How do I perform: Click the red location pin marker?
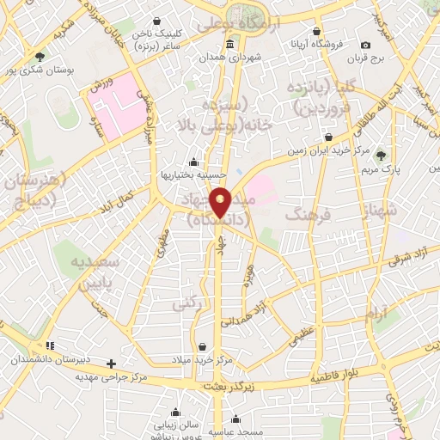click(221, 201)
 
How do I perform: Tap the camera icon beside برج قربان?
click(366, 45)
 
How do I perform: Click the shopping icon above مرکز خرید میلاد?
click(201, 346)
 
